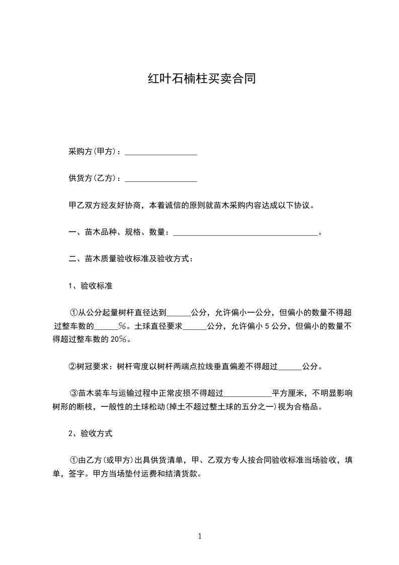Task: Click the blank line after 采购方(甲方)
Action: [161, 152]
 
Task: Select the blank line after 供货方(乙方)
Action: [161, 178]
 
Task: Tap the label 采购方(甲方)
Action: [94, 152]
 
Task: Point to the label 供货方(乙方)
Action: [94, 178]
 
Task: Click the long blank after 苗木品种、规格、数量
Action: [246, 233]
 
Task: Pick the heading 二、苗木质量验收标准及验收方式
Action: [130, 259]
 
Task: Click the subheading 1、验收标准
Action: [90, 286]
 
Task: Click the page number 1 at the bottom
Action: [200, 536]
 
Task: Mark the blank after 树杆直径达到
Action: [179, 313]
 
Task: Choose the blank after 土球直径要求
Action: [195, 326]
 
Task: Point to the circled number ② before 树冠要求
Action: [72, 367]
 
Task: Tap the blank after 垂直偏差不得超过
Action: [290, 367]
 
